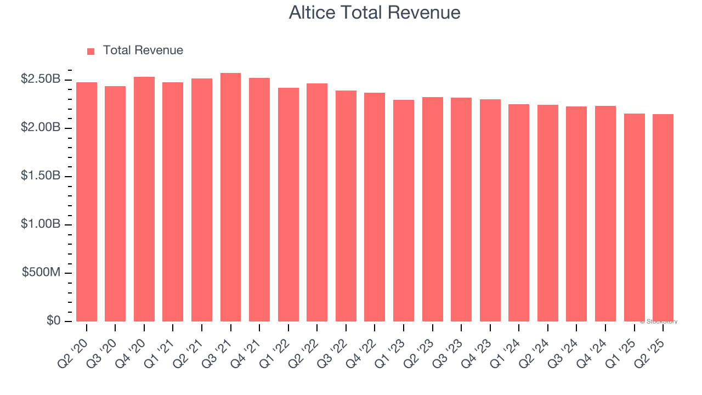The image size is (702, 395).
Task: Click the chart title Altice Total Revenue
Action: tap(375, 13)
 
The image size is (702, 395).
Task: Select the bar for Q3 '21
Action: tap(230, 198)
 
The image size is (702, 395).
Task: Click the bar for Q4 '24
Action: tap(605, 213)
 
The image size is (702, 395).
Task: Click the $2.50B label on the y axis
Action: tap(41, 80)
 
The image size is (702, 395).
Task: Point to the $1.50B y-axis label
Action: tap(41, 176)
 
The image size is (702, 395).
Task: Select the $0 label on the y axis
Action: tap(53, 321)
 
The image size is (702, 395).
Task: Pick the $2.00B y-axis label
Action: tap(41, 128)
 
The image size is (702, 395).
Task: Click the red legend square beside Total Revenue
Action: tap(91, 52)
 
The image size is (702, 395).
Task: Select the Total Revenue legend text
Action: tap(143, 50)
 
